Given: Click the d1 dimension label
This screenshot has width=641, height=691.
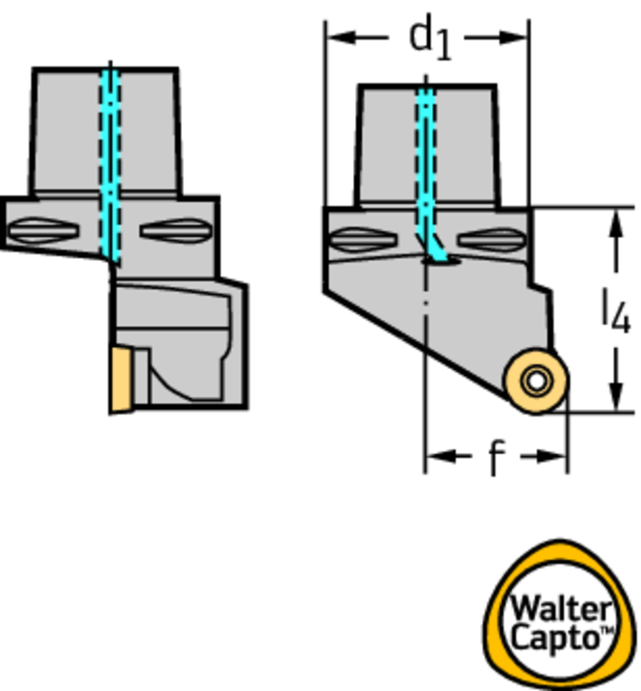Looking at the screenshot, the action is [x=430, y=38].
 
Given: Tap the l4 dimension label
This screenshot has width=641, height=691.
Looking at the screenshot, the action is [x=617, y=310].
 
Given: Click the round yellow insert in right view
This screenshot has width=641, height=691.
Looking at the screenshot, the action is [x=536, y=381].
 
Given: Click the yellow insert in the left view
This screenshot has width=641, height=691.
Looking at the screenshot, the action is [x=121, y=379].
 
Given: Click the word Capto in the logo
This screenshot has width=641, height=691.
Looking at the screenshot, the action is [x=557, y=637].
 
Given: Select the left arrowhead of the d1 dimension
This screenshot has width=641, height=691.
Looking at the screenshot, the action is [x=342, y=38].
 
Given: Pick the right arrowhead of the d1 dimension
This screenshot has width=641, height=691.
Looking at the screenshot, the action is [x=513, y=38].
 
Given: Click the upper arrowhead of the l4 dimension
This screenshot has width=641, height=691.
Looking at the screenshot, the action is [x=616, y=224].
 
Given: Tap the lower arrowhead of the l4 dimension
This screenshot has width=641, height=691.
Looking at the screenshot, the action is [x=616, y=396].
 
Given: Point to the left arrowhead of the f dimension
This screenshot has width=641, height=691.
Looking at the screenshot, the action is [x=441, y=456].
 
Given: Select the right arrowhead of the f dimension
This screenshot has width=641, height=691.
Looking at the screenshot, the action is [x=551, y=456].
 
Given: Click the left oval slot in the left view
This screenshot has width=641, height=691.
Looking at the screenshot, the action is [x=43, y=231].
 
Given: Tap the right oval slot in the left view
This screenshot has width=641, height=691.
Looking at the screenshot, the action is [x=176, y=231].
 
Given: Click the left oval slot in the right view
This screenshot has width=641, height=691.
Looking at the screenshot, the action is [x=363, y=240].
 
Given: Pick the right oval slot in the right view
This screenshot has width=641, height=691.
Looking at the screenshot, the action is [x=492, y=240].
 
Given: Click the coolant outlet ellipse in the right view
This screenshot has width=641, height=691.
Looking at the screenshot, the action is [x=442, y=261].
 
